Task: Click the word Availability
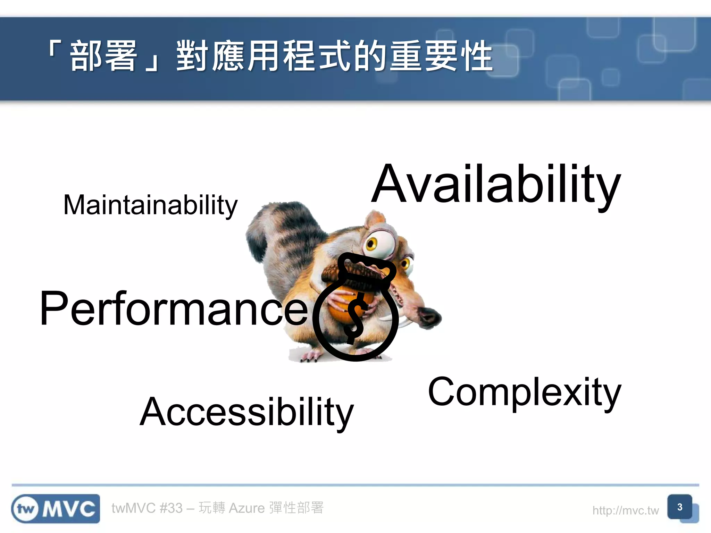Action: click(496, 184)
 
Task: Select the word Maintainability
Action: click(150, 205)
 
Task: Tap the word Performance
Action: click(174, 308)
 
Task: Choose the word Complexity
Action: click(524, 392)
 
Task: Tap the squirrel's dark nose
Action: click(430, 316)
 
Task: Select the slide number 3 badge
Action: click(680, 507)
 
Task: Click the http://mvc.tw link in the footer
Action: click(625, 510)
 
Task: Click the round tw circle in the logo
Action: click(25, 509)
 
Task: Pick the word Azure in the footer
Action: click(247, 508)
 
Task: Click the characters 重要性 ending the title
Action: click(441, 56)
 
